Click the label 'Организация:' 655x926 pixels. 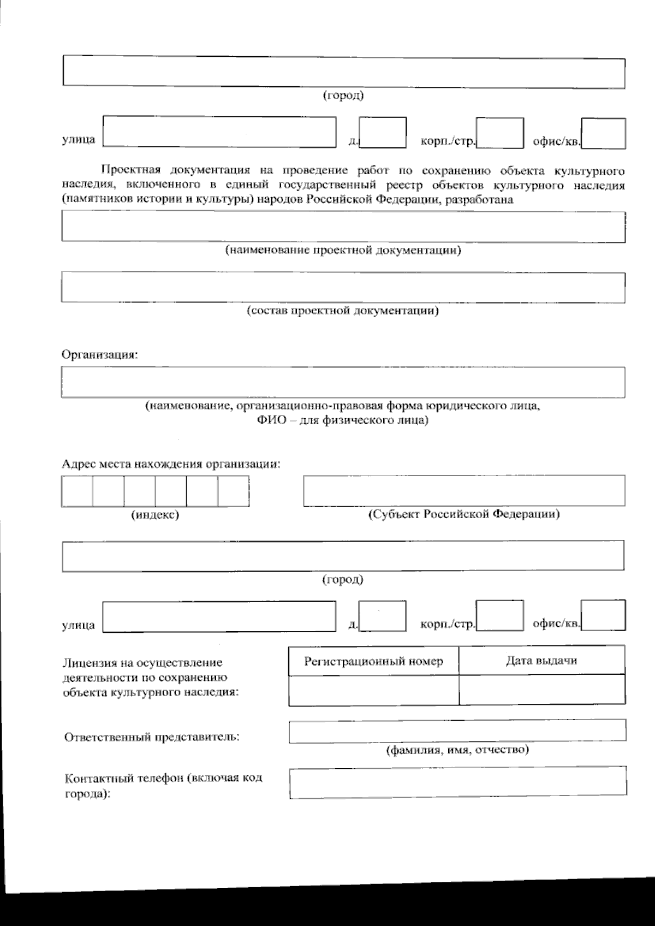tap(100, 354)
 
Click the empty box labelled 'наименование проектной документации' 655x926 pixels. tap(343, 227)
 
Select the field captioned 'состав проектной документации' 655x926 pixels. tap(343, 287)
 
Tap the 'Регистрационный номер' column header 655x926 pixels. tap(374, 661)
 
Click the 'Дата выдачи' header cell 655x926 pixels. tap(541, 661)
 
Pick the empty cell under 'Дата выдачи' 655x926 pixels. tap(541, 690)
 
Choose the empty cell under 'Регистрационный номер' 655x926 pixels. tap(374, 690)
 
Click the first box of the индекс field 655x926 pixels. tap(77, 491)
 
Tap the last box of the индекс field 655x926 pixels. tap(234, 491)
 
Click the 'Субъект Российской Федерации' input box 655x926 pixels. tap(464, 490)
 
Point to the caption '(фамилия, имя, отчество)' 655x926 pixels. tap(457, 750)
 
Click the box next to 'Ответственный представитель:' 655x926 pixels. tap(457, 731)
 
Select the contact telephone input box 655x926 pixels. tap(457, 782)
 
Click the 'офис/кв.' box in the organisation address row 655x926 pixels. tap(603, 616)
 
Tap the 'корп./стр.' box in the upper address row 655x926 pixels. tap(499, 133)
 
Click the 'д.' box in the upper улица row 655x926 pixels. tap(383, 133)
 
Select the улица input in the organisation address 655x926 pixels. tap(219, 617)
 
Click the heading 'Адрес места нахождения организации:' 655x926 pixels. tap(171, 464)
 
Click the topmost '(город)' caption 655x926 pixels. tap(343, 96)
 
